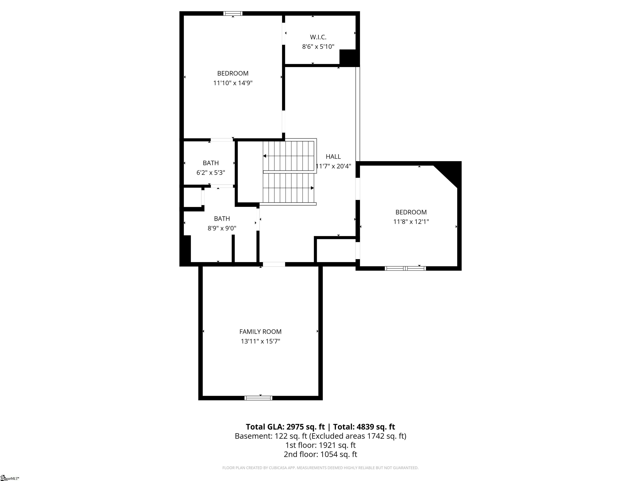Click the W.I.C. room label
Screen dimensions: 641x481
(318, 37)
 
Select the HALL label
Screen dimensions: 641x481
(333, 157)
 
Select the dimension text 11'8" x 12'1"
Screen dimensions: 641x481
(411, 222)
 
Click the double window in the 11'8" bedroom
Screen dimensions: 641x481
(405, 268)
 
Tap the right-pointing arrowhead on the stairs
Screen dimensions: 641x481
(312, 188)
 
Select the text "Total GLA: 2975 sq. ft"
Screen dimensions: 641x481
(285, 427)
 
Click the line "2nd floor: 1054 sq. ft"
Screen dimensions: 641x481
(320, 454)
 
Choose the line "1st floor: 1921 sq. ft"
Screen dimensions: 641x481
(320, 445)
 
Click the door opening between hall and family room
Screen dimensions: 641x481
(274, 264)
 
